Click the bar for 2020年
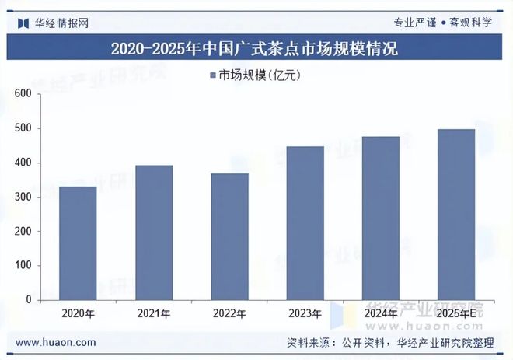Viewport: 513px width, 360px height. click(x=78, y=243)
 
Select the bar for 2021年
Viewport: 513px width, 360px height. click(x=154, y=232)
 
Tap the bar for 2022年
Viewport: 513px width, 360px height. click(x=229, y=236)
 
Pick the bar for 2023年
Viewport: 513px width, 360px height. click(x=305, y=222)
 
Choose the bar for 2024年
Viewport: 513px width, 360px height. click(x=380, y=218)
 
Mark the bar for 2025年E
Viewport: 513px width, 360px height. click(x=455, y=214)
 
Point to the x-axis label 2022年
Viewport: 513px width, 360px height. click(x=229, y=313)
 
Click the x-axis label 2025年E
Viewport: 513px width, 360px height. click(x=455, y=313)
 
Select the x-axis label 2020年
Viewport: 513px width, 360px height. click(x=78, y=313)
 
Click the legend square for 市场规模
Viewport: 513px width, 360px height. click(x=212, y=75)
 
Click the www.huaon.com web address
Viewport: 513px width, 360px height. click(x=56, y=342)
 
